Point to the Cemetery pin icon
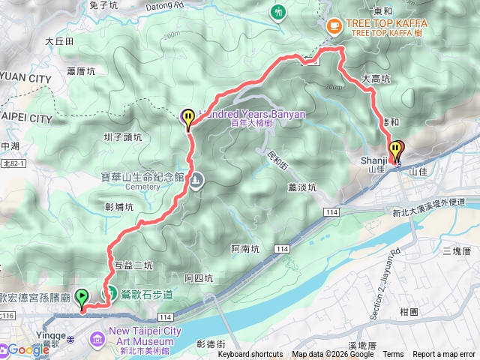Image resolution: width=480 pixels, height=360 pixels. click(x=196, y=181)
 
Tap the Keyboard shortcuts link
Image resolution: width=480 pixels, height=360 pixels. click(x=250, y=355)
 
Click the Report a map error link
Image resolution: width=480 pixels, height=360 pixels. click(x=444, y=355)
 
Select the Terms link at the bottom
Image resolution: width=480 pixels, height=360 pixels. click(x=393, y=355)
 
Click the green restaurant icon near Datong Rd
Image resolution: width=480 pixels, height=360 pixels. click(x=279, y=12)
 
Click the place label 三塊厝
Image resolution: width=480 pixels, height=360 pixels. click(x=456, y=250)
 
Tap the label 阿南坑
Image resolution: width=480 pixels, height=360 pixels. click(x=244, y=248)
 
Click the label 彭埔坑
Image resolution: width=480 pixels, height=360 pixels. click(x=119, y=206)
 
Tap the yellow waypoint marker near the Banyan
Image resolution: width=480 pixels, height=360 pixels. click(x=187, y=118)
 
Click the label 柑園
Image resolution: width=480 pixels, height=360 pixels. click(x=409, y=311)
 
